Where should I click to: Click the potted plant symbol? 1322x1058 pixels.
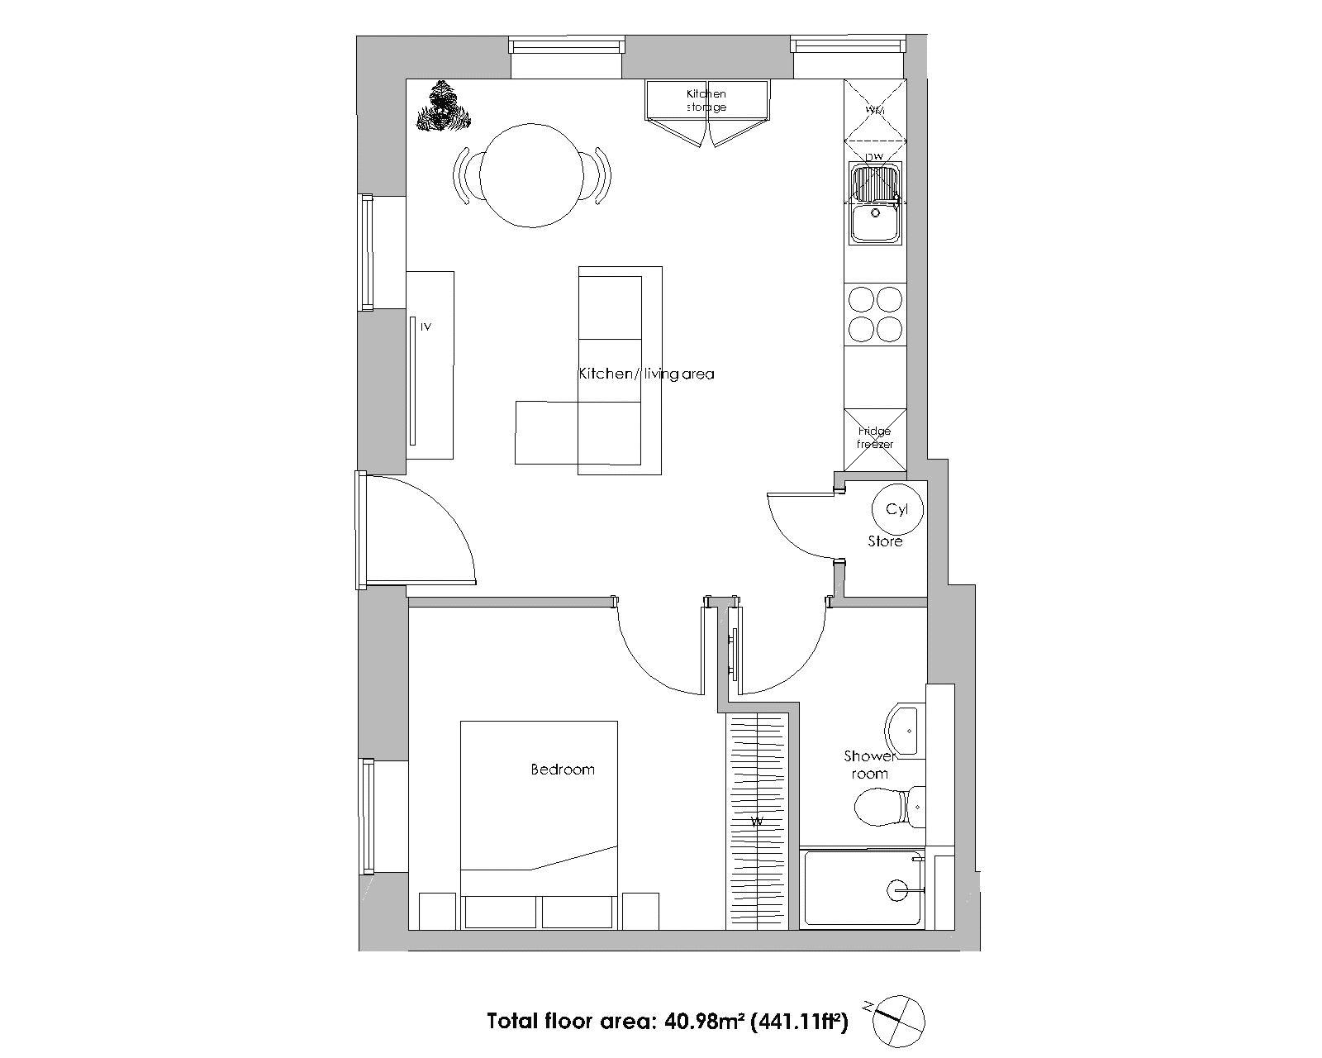pyautogui.click(x=443, y=107)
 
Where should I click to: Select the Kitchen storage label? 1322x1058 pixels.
pyautogui.click(x=706, y=100)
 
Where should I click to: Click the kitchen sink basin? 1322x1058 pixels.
pyautogui.click(x=874, y=221)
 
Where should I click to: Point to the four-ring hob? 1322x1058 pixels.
pyautogui.click(x=875, y=313)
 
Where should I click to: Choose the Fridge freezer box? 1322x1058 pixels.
pyautogui.click(x=875, y=439)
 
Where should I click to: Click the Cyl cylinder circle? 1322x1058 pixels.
pyautogui.click(x=897, y=510)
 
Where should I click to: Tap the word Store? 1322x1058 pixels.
pyautogui.click(x=885, y=541)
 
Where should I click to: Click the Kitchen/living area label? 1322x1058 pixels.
pyautogui.click(x=645, y=374)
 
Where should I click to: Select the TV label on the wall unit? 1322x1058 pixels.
pyautogui.click(x=426, y=326)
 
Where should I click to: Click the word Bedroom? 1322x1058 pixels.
pyautogui.click(x=562, y=770)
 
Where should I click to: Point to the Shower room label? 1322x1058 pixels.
pyautogui.click(x=870, y=765)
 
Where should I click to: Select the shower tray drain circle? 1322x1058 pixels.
pyautogui.click(x=896, y=890)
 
